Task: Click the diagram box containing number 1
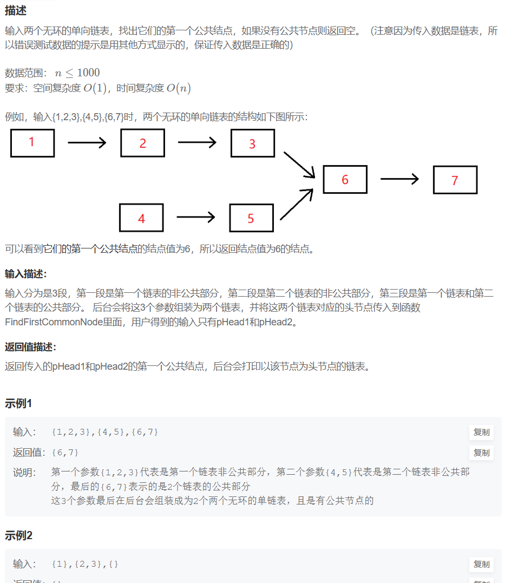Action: click(32, 143)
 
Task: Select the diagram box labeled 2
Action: click(142, 143)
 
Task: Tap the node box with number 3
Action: click(252, 143)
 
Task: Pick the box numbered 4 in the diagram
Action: click(141, 218)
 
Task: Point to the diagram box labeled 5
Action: click(251, 218)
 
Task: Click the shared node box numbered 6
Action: click(345, 180)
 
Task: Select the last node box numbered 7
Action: click(455, 180)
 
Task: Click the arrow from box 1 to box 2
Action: click(87, 143)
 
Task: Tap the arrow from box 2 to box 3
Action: click(197, 142)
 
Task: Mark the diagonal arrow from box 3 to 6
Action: click(299, 164)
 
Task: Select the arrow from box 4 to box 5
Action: click(196, 217)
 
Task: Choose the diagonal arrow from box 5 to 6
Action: click(297, 204)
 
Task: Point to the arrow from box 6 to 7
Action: click(399, 180)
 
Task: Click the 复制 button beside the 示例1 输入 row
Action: click(481, 432)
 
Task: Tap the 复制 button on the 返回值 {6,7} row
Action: click(481, 453)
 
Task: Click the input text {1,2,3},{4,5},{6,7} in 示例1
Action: click(105, 432)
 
